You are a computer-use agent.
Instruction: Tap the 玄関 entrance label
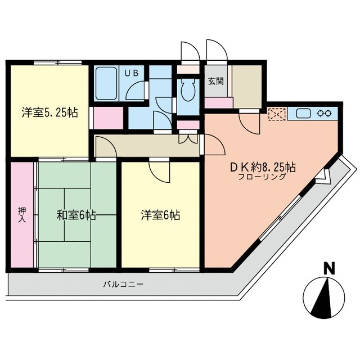coord(215,81)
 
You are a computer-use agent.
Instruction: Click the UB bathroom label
coord(135,73)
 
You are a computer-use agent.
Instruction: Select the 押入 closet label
coord(22,214)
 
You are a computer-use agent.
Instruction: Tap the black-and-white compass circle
coord(322,296)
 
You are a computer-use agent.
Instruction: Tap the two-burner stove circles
coord(325,112)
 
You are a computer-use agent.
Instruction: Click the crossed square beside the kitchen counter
coord(277,114)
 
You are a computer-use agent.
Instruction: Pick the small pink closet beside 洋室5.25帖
coord(105,116)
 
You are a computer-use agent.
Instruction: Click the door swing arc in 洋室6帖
coord(160,171)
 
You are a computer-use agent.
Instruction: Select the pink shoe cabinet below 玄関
coord(219,103)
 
